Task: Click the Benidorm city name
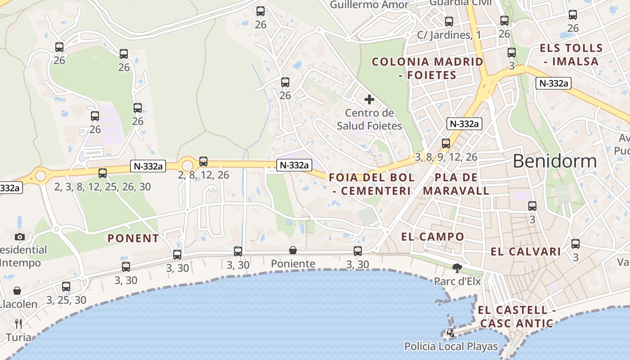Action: click(x=554, y=161)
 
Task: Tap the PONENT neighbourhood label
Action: click(x=133, y=238)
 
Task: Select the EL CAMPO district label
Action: click(x=432, y=237)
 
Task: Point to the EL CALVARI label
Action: click(x=526, y=252)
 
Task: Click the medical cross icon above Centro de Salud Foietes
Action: click(x=369, y=99)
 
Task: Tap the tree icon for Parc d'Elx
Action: click(x=457, y=268)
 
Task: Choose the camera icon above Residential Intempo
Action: click(x=19, y=237)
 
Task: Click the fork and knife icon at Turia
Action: click(x=18, y=324)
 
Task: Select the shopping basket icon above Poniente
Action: click(x=293, y=250)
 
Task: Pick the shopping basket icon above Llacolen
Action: click(x=17, y=291)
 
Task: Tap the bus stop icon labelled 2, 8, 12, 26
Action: click(x=203, y=161)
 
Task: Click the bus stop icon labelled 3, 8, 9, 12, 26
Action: click(x=445, y=144)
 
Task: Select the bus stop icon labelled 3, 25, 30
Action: click(x=66, y=286)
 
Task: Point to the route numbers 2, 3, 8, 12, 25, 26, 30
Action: click(x=103, y=186)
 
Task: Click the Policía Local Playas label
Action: click(x=451, y=346)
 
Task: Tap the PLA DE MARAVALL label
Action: click(x=456, y=184)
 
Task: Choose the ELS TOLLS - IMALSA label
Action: click(x=571, y=54)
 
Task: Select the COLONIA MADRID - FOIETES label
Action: click(x=427, y=68)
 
